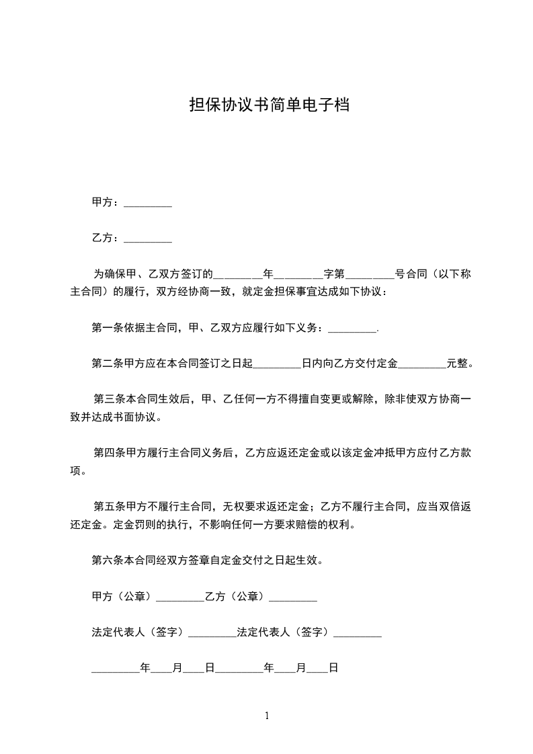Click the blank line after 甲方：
148,203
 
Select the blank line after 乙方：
148,239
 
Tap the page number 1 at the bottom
267,716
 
